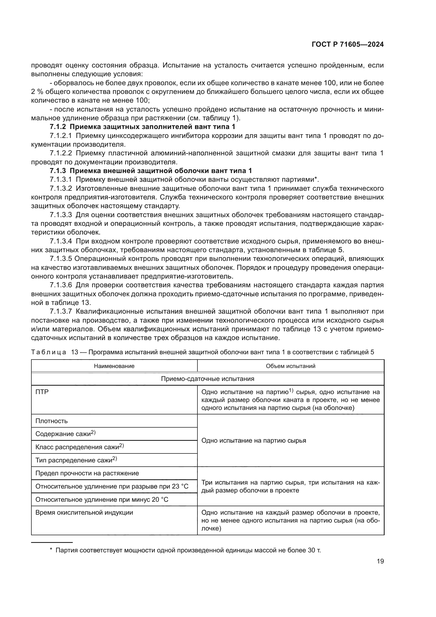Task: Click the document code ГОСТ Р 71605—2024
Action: (x=347, y=45)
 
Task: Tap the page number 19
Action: (x=380, y=561)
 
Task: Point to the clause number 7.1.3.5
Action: (x=61, y=259)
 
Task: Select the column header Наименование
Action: (x=114, y=366)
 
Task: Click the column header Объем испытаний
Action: (x=290, y=366)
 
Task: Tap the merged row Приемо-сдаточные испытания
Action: (x=207, y=379)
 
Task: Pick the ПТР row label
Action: (x=42, y=392)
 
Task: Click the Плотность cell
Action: (x=52, y=421)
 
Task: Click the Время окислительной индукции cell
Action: (x=84, y=513)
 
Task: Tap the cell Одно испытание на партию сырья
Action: (x=253, y=441)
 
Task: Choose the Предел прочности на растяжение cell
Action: (x=87, y=473)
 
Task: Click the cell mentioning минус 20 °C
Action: (x=102, y=500)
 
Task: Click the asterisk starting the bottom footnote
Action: (x=51, y=550)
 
